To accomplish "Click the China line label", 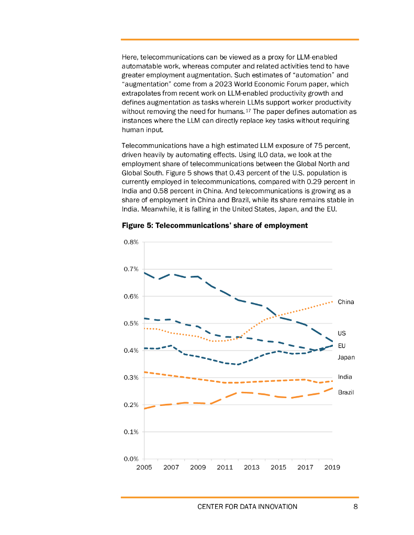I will [x=345, y=302].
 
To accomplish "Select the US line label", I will [x=342, y=333].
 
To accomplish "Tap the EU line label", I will [x=342, y=346].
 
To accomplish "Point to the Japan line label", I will [x=346, y=357].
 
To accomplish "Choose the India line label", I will [x=345, y=377].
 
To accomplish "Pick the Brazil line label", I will [x=345, y=392].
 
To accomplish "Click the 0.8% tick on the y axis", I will [x=131, y=242].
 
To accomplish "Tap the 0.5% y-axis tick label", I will [x=131, y=323].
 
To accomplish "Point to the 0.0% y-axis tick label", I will [x=131, y=459].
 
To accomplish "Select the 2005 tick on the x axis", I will [x=144, y=467].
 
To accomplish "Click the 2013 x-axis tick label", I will [x=252, y=467].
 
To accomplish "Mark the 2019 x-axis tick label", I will [x=332, y=467].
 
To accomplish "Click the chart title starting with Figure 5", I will [x=215, y=226].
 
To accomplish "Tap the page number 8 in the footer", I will [x=355, y=506].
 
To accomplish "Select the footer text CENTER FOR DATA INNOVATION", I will [x=247, y=506].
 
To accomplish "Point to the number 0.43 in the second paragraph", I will [x=232, y=172].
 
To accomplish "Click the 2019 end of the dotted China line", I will [x=332, y=301].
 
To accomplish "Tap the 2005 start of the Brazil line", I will [x=144, y=409].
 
